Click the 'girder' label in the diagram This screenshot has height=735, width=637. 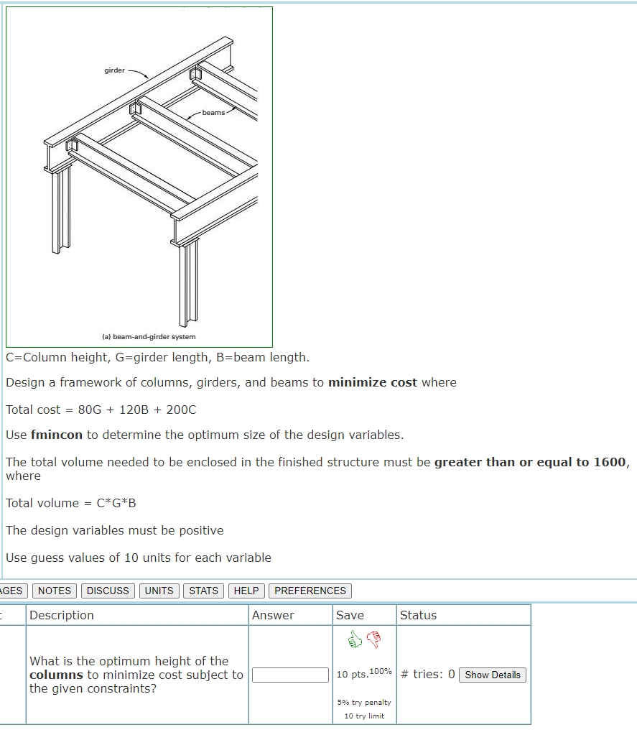pyautogui.click(x=114, y=70)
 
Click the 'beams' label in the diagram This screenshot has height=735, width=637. pyautogui.click(x=213, y=112)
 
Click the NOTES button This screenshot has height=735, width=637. pyautogui.click(x=55, y=591)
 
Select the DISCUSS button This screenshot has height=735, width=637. pyautogui.click(x=108, y=591)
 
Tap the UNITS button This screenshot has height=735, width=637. pyautogui.click(x=159, y=591)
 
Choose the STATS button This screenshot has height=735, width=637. pyautogui.click(x=203, y=591)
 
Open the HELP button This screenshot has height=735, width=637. pyautogui.click(x=246, y=591)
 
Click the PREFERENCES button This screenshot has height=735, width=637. pyautogui.click(x=310, y=591)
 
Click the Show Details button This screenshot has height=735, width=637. pyautogui.click(x=492, y=675)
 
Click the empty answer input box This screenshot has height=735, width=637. pyautogui.click(x=290, y=675)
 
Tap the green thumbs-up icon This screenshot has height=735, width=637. pyautogui.click(x=355, y=638)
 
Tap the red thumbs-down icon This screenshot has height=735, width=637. pyautogui.click(x=373, y=638)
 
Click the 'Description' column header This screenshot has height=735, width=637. pyautogui.click(x=62, y=615)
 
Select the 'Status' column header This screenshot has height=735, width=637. pyautogui.click(x=418, y=615)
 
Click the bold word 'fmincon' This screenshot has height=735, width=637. pyautogui.click(x=57, y=435)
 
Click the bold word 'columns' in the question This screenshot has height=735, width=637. pyautogui.click(x=56, y=675)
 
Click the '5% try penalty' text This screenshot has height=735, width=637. pyautogui.click(x=365, y=702)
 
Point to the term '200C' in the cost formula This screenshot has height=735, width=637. pyautogui.click(x=180, y=410)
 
